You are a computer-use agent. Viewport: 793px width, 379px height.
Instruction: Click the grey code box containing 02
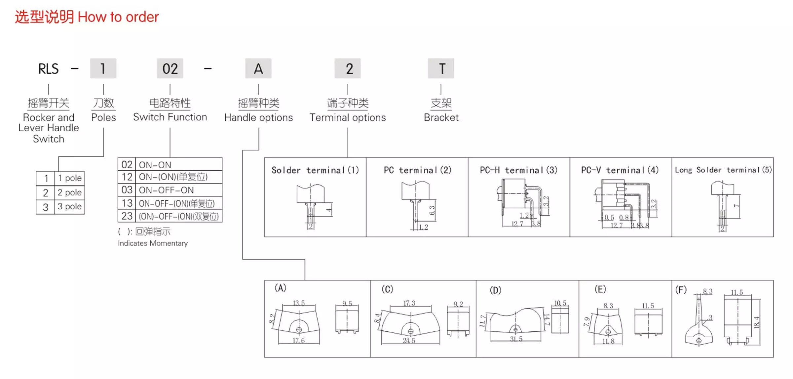click(170, 68)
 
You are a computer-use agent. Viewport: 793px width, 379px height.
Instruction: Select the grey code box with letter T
click(441, 68)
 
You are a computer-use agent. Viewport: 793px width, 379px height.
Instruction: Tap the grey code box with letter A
click(258, 68)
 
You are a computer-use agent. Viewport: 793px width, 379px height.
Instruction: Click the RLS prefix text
click(48, 69)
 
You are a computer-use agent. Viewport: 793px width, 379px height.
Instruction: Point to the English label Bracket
click(441, 117)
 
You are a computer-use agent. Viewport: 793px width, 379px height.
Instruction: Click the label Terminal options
click(348, 117)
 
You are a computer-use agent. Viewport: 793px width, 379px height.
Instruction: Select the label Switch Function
click(170, 117)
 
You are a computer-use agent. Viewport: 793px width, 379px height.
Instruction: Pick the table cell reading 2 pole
click(69, 192)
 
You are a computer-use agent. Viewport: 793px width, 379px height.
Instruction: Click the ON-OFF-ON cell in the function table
click(166, 190)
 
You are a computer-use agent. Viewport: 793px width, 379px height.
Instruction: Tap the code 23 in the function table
click(127, 216)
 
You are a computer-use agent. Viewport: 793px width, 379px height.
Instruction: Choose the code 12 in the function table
click(127, 177)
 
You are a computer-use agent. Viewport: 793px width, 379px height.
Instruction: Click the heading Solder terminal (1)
click(315, 170)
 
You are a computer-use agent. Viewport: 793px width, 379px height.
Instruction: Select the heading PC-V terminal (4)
click(620, 170)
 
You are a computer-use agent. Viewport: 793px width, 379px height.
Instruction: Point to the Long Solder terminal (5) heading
click(723, 170)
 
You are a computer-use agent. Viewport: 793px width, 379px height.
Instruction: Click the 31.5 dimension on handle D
click(516, 339)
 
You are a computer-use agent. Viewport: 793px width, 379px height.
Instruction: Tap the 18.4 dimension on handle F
click(757, 322)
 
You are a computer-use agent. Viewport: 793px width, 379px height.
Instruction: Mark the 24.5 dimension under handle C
click(409, 341)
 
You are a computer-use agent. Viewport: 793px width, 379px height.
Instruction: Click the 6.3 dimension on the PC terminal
click(432, 210)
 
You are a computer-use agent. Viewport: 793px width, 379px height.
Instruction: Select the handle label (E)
click(600, 289)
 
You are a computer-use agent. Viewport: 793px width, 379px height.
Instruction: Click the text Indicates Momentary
click(153, 243)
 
